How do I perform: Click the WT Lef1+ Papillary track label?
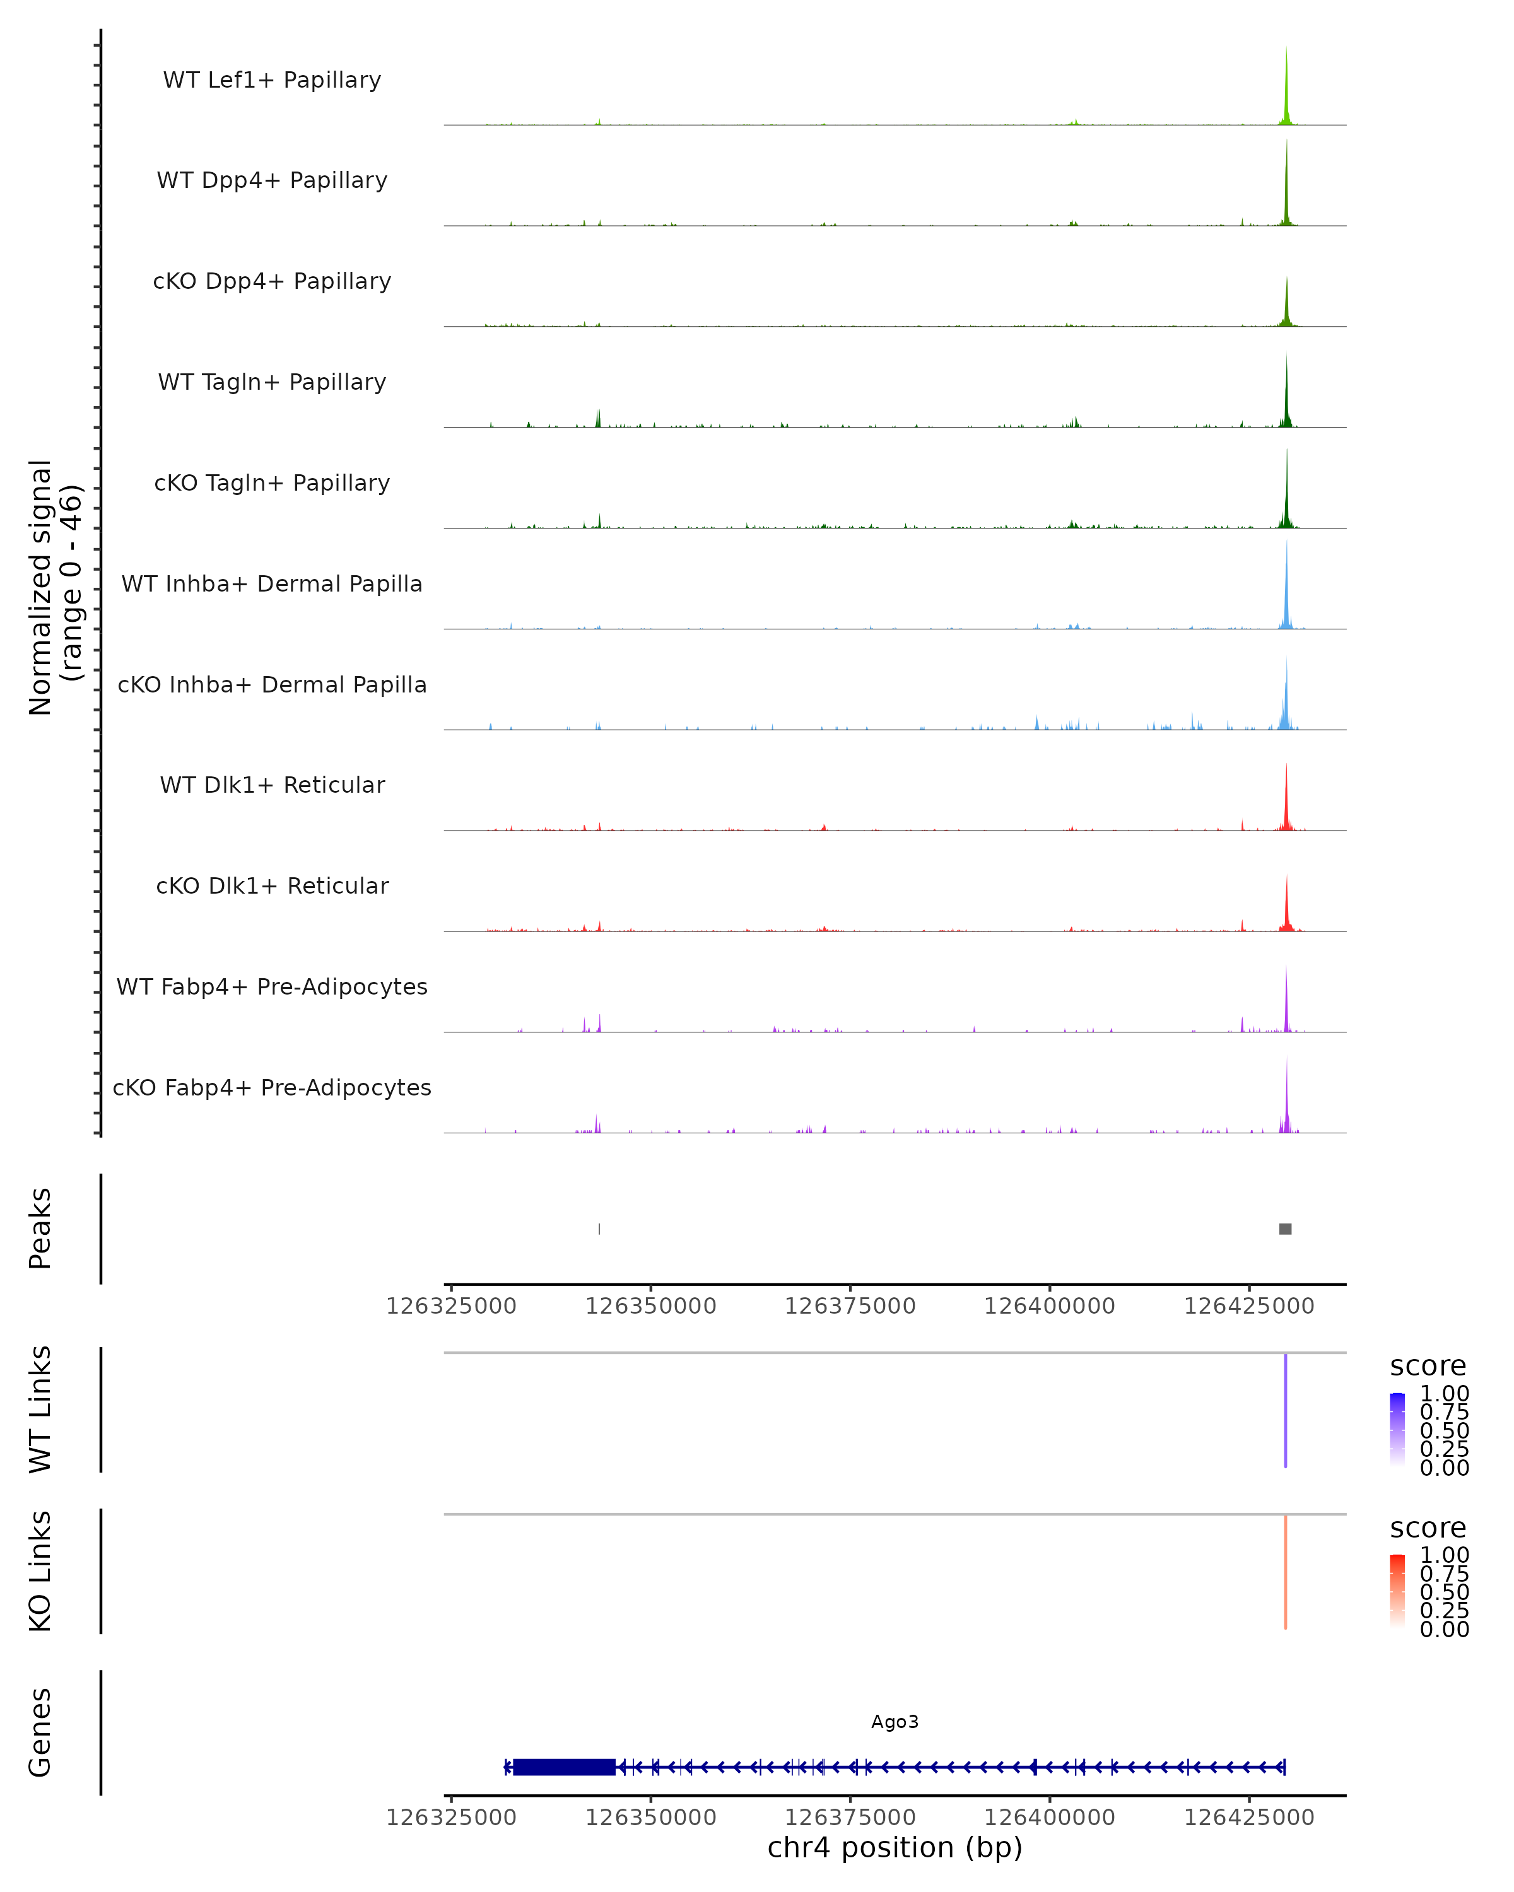(272, 80)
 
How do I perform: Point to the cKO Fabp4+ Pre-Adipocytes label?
(272, 1087)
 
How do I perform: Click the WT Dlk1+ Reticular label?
(272, 785)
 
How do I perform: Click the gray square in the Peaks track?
(1285, 1229)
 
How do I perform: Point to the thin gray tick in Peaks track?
(599, 1229)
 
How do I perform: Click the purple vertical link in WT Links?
(1285, 1410)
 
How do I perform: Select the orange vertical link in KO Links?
(1285, 1571)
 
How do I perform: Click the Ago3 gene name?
(895, 1722)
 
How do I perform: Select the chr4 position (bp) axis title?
(895, 1847)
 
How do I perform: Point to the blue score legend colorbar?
(1397, 1428)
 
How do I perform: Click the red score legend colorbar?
(1397, 1590)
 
